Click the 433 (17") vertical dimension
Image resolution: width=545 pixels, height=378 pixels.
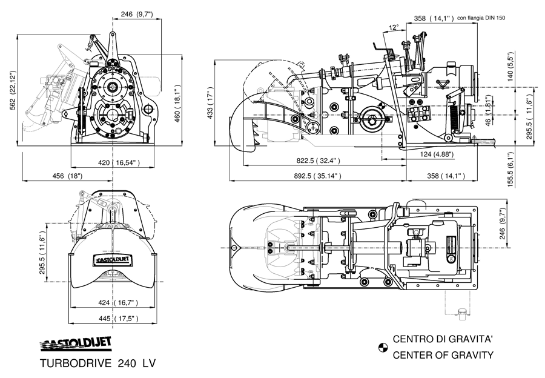tap(210, 104)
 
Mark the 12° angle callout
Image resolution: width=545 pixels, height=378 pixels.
tap(394, 27)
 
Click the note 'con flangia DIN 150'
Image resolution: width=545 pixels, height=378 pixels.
tap(481, 18)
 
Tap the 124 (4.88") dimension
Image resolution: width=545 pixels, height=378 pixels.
tap(438, 154)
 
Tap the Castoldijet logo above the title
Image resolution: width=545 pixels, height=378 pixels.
tap(76, 343)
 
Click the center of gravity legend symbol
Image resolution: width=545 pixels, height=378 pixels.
tap(382, 347)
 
